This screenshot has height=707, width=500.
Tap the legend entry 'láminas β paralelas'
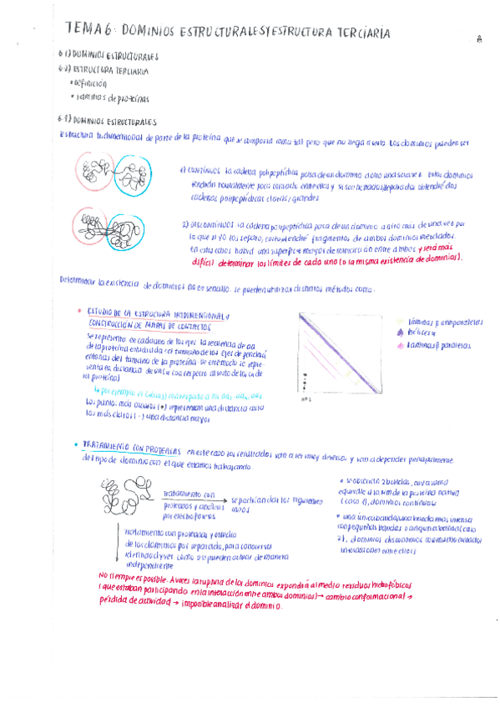[x=435, y=344]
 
